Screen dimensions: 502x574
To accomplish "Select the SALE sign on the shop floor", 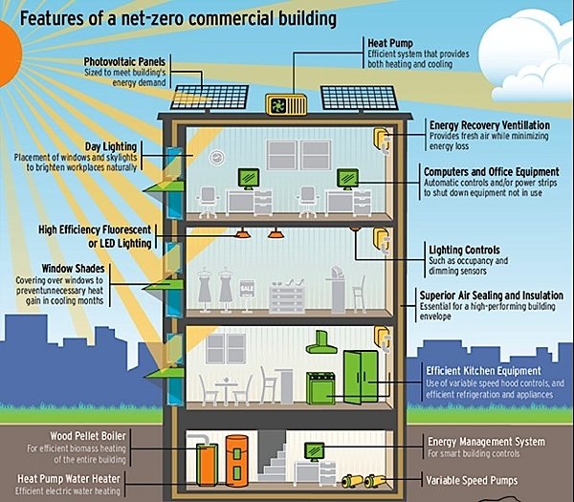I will point(246,287).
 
